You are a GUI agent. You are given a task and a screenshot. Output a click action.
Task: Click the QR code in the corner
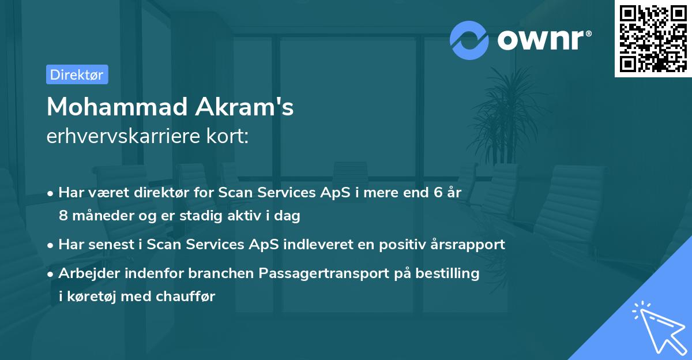(x=653, y=38)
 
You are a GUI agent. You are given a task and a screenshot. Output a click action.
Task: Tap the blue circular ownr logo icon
(x=469, y=40)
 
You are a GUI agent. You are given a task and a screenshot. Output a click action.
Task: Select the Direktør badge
(x=77, y=74)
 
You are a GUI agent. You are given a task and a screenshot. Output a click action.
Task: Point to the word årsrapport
(x=467, y=244)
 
